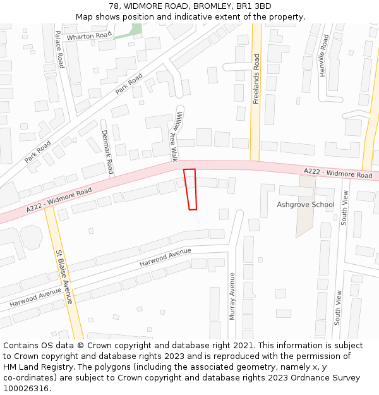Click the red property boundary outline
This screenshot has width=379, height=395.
pos(190,189)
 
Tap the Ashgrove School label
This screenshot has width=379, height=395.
pos(306,205)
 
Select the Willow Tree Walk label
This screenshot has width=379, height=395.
pos(175,136)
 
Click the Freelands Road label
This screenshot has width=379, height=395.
pos(256,79)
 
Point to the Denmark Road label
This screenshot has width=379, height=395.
pos(107,152)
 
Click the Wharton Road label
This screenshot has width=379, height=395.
pos(89,36)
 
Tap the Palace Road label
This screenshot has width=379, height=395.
pos(59,49)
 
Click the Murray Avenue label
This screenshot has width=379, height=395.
pos(232,296)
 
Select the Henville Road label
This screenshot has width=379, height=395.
pos(324,56)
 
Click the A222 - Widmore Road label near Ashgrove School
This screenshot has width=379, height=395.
pos(338,173)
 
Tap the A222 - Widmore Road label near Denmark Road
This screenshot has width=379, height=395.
pos(59,200)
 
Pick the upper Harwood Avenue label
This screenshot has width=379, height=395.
pos(165,257)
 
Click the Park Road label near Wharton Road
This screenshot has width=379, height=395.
pos(129,83)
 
